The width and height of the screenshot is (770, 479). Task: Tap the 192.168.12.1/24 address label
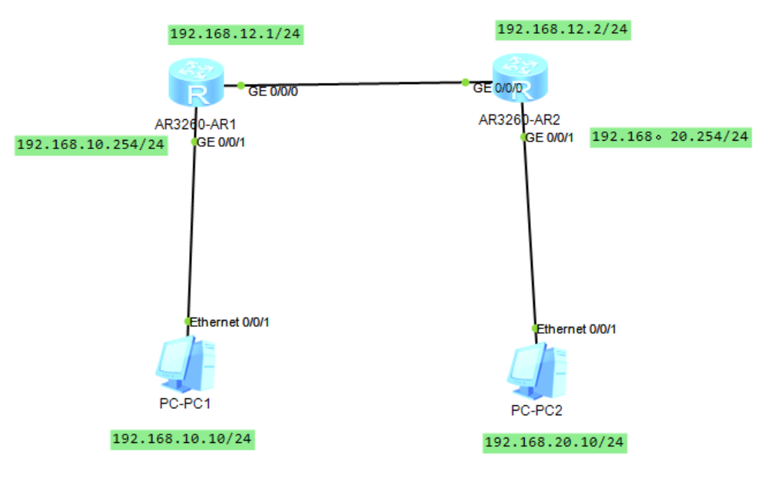(x=233, y=34)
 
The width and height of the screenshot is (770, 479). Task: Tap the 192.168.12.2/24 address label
(x=563, y=30)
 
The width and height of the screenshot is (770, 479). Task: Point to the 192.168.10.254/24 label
(x=91, y=145)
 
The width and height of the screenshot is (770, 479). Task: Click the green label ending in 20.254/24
(x=670, y=137)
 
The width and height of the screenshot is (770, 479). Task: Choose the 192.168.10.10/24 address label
(x=182, y=439)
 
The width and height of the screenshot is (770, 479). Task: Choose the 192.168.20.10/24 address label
(x=554, y=442)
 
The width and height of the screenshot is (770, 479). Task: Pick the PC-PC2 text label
(x=536, y=411)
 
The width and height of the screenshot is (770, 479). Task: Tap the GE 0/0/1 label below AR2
(x=550, y=138)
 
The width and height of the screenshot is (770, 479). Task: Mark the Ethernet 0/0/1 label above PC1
(x=229, y=322)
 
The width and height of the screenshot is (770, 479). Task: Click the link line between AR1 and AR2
(x=346, y=85)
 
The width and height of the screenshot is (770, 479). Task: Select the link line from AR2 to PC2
(x=529, y=231)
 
